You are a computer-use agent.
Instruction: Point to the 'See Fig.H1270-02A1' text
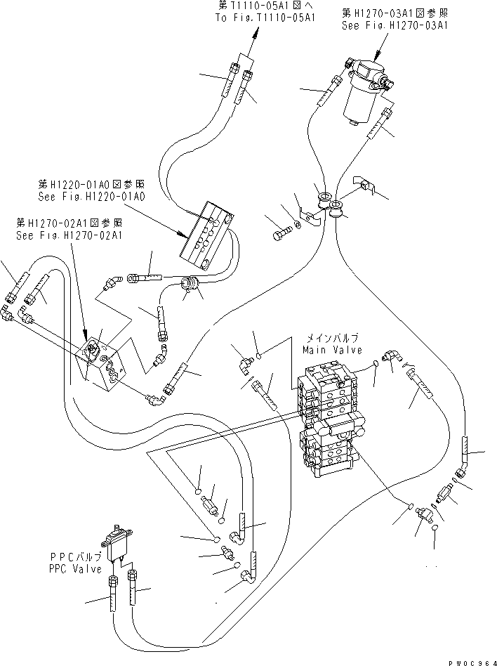[x=70, y=235]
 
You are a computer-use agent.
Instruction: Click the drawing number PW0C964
[x=470, y=660]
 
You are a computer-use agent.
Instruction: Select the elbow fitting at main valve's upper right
[x=392, y=358]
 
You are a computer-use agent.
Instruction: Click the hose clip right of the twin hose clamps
[x=366, y=184]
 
